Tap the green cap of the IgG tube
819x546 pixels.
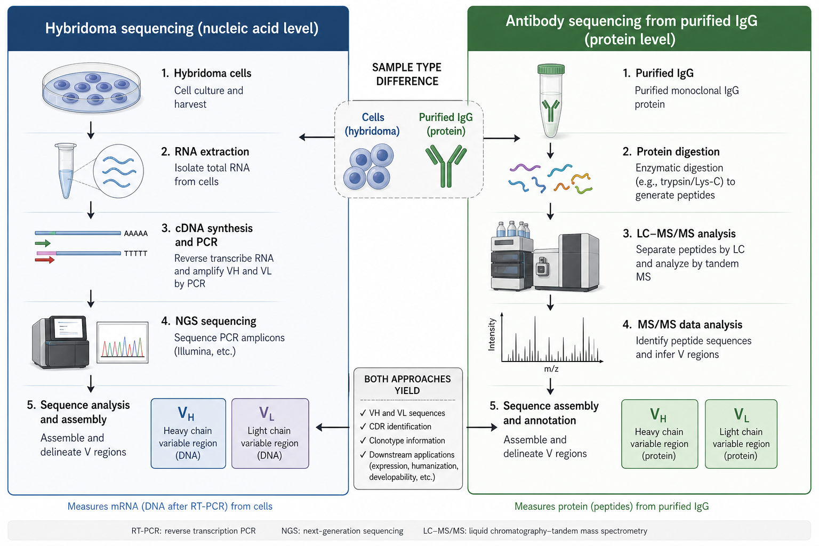pos(551,69)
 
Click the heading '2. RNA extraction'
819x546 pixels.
pos(205,151)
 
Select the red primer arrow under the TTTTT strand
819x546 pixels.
pos(45,260)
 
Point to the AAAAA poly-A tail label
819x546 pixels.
pos(135,234)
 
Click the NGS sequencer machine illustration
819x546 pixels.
pos(61,342)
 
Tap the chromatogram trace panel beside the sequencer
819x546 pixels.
pos(123,342)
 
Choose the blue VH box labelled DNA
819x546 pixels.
pos(188,433)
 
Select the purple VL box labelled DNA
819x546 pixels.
pos(270,433)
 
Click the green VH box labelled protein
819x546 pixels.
pos(660,433)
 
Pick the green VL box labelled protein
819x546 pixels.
pos(741,433)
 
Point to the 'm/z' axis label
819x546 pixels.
pos(551,369)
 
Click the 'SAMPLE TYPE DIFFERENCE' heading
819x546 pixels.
pos(407,74)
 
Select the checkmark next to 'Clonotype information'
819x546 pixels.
pos(363,440)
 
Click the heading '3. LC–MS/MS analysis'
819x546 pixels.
pos(679,234)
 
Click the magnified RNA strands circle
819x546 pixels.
pos(118,171)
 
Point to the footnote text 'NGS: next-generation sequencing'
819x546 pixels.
pos(342,531)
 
